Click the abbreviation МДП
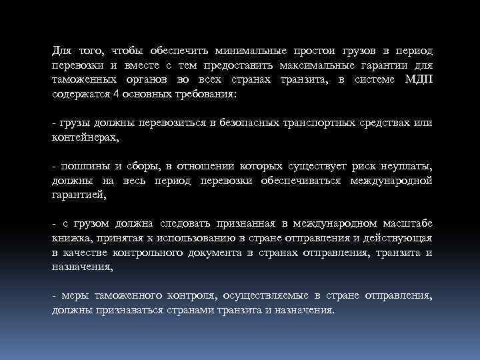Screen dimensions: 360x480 tap(417, 80)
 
